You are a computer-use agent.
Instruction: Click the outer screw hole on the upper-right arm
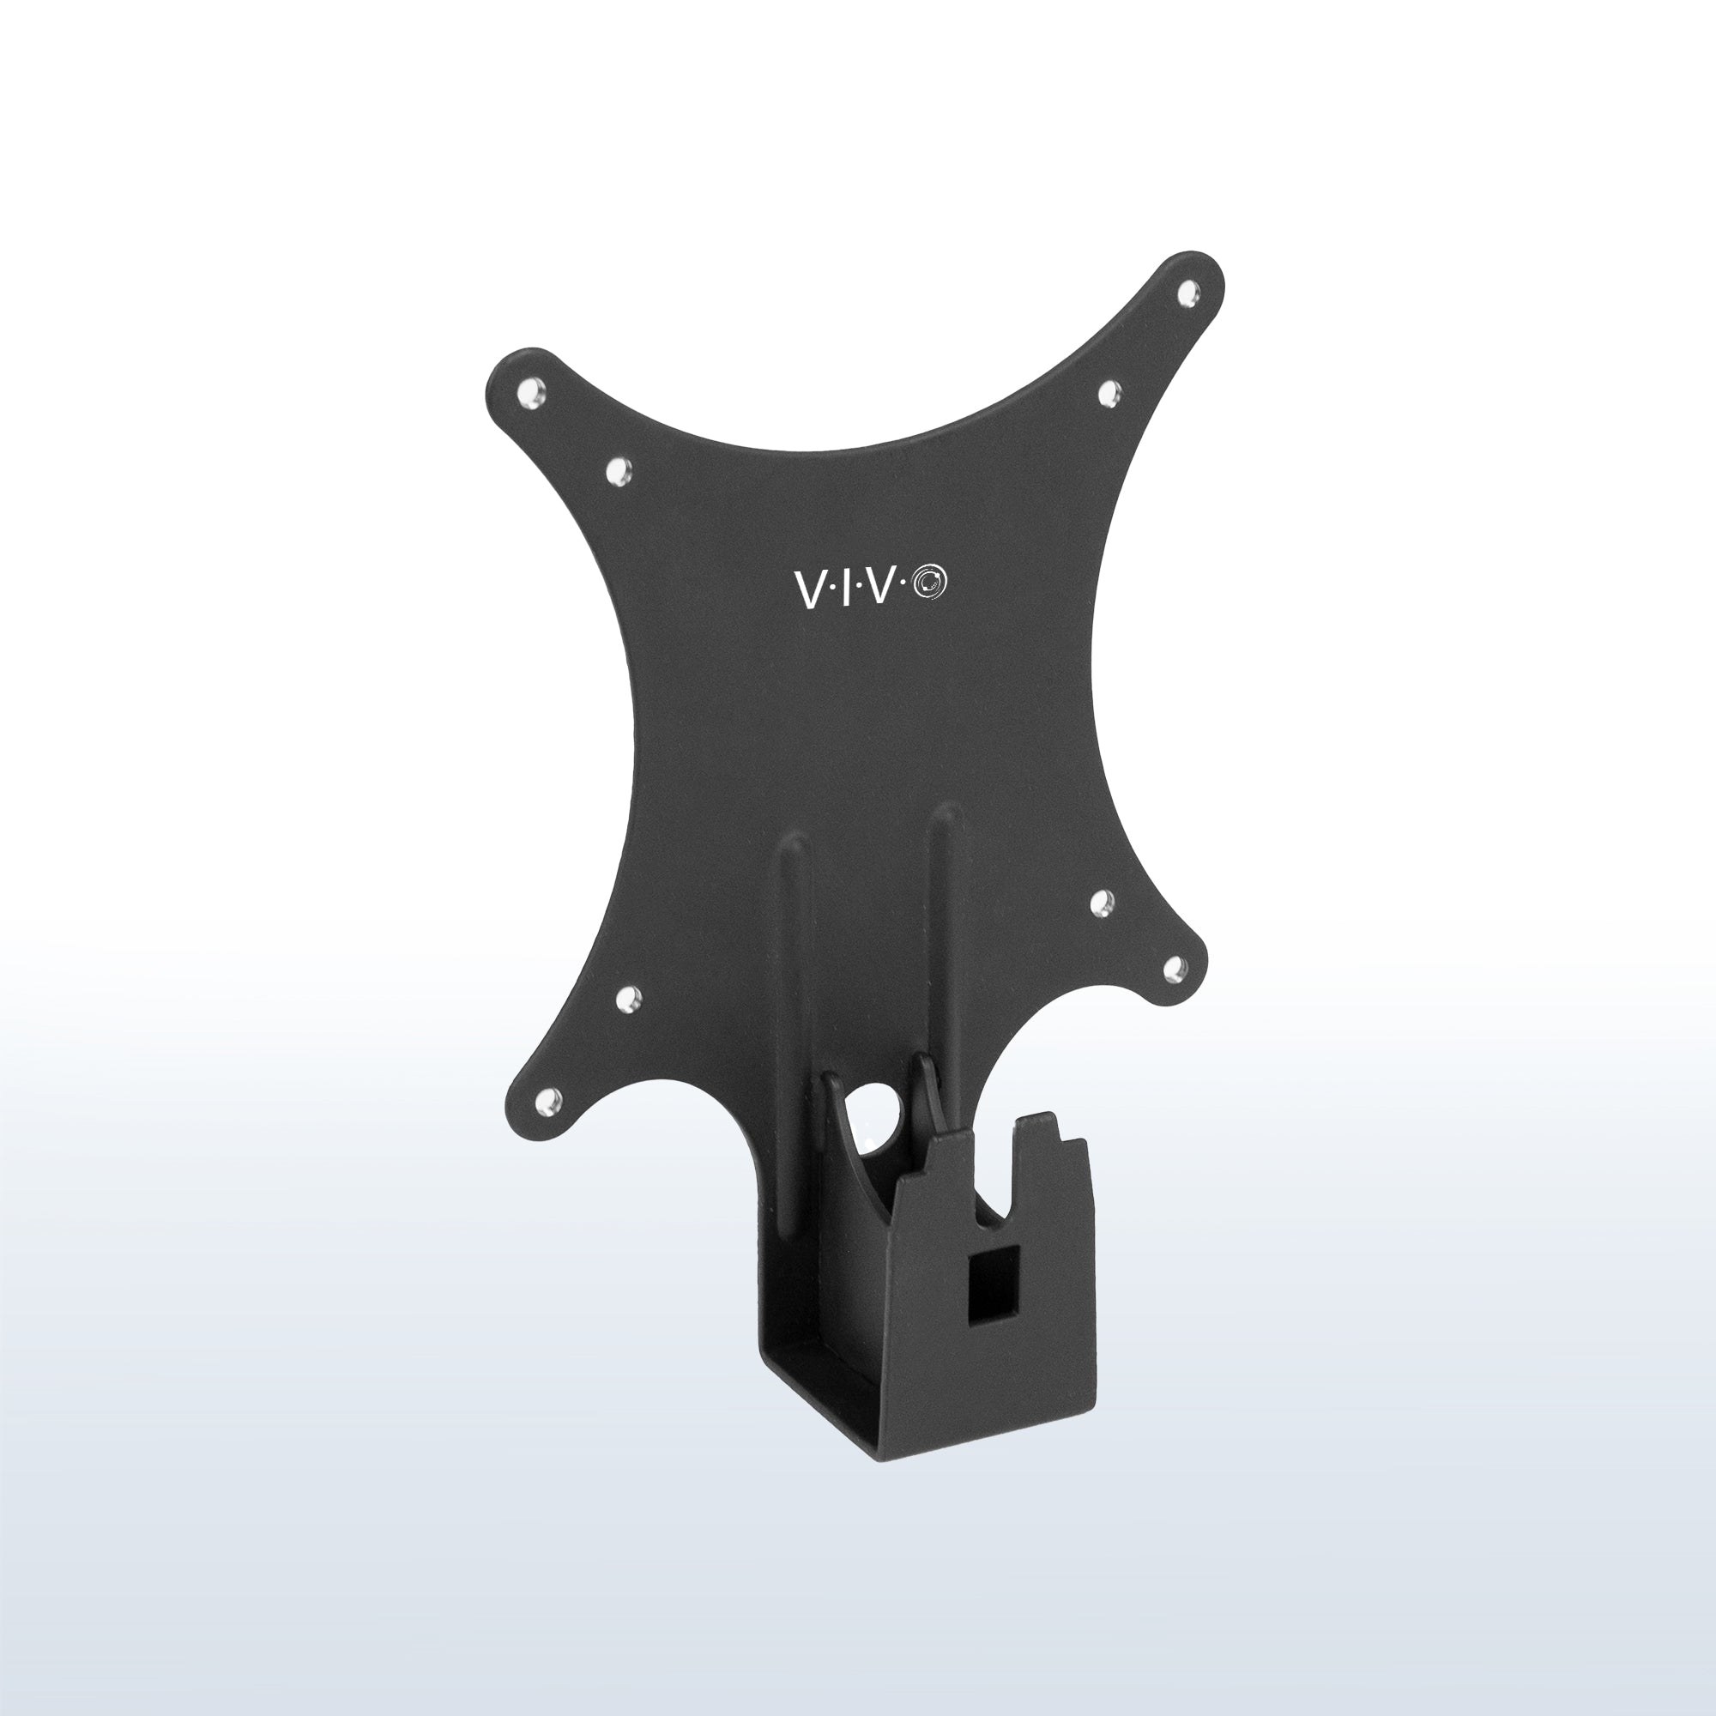1186,289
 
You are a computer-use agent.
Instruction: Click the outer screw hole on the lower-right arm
1172,965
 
